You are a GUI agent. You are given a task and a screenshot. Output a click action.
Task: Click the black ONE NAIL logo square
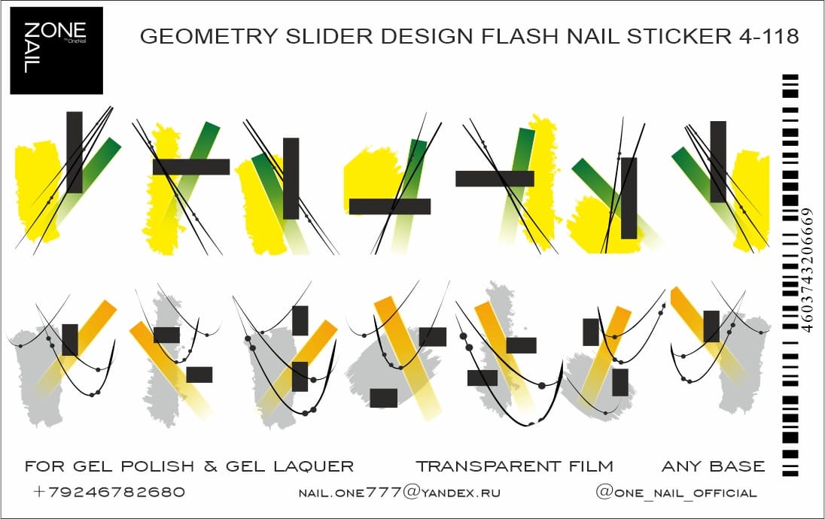(56, 50)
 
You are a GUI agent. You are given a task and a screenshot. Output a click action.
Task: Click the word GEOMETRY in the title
(193, 37)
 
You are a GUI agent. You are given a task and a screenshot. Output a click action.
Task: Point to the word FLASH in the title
(502, 37)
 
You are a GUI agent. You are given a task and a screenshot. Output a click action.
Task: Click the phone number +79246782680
(109, 493)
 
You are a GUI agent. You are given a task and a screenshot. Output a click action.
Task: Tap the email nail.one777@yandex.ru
(400, 493)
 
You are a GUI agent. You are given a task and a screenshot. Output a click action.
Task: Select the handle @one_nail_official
(676, 493)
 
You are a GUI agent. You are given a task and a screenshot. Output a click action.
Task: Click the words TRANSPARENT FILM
(514, 467)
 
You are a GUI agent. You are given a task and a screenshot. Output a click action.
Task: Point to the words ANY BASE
(713, 467)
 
